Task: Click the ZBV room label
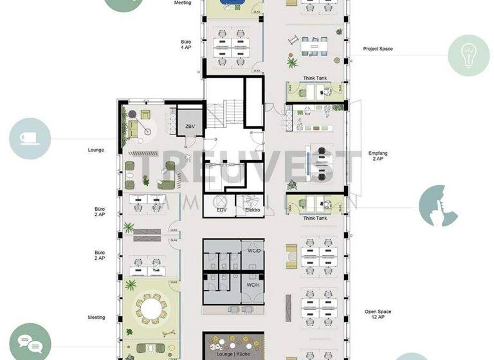[190, 127]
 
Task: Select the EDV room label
[221, 210]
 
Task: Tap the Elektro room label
[252, 210]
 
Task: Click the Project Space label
[378, 49]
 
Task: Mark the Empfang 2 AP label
[377, 157]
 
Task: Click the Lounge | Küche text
[233, 355]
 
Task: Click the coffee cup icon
[30, 138]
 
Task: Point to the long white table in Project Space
[315, 46]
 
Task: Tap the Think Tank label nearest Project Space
[315, 79]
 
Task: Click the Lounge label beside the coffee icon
[96, 150]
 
